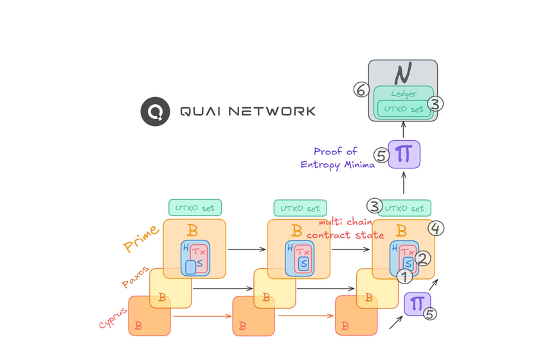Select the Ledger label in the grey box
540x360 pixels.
pos(404,94)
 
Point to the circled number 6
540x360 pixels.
pos(361,91)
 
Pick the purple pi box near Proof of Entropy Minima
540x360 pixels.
pos(404,154)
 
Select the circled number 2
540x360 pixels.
pos(422,259)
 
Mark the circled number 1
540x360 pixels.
pos(404,277)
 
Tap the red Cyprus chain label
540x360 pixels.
pos(113,314)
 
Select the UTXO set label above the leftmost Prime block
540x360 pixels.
pos(195,208)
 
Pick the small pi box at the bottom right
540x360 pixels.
pos(417,304)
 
